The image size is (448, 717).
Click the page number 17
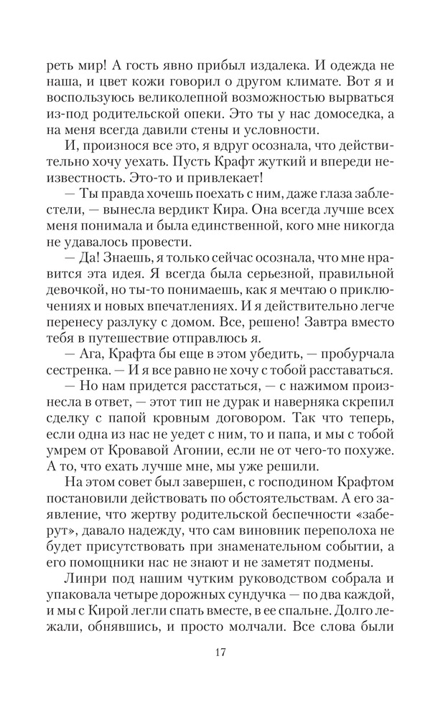224,652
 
